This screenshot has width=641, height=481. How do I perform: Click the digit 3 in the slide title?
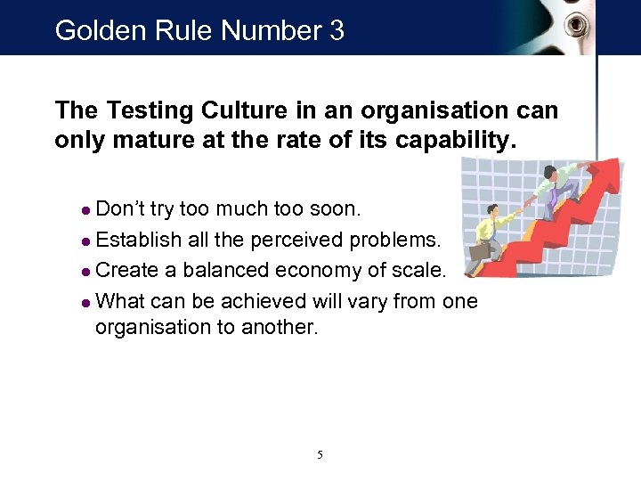tap(336, 31)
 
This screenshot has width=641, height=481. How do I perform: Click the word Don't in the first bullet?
tap(121, 209)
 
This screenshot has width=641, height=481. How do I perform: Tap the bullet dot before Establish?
tap(85, 240)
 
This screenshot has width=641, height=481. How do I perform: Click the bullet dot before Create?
tap(85, 271)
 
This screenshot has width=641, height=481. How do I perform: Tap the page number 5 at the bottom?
tap(320, 455)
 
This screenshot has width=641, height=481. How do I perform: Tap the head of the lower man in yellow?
tap(491, 212)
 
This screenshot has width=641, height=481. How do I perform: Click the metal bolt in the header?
tap(580, 25)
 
